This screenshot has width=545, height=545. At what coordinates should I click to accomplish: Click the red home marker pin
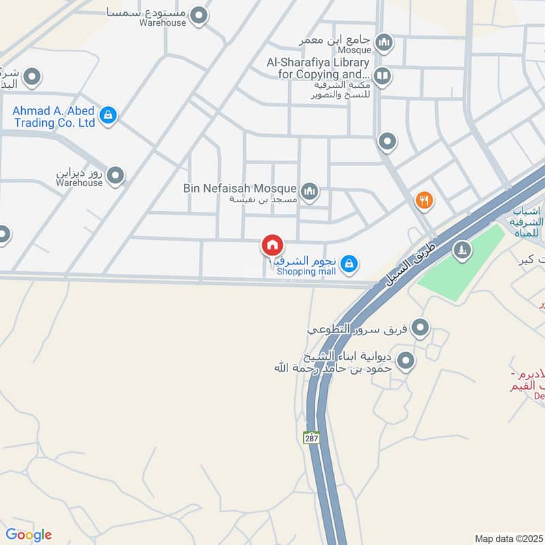272,245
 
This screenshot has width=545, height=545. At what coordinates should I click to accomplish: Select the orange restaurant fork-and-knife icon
424,200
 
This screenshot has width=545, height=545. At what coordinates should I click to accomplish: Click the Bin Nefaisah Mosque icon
309,191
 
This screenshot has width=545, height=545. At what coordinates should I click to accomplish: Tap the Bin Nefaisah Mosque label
240,189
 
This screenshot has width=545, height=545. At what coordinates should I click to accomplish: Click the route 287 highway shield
312,437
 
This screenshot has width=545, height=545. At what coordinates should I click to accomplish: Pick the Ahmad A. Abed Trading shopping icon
108,116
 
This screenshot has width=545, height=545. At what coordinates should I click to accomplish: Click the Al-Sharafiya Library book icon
382,75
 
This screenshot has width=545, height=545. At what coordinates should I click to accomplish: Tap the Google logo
29,535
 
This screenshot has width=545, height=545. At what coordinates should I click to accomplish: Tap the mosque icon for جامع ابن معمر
384,44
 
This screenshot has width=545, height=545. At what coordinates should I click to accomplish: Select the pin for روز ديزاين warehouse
116,176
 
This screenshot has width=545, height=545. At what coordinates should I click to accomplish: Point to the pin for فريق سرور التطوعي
420,328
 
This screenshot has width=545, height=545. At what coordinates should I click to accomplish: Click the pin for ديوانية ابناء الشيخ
406,360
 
